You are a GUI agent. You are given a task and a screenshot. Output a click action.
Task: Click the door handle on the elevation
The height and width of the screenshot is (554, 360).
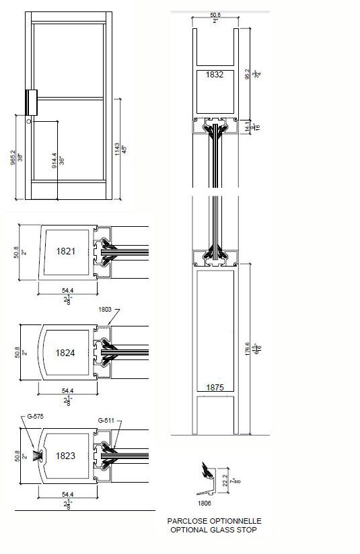pos(31,102)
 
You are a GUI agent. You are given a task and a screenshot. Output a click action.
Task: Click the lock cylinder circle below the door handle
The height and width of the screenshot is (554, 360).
pos(29,123)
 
